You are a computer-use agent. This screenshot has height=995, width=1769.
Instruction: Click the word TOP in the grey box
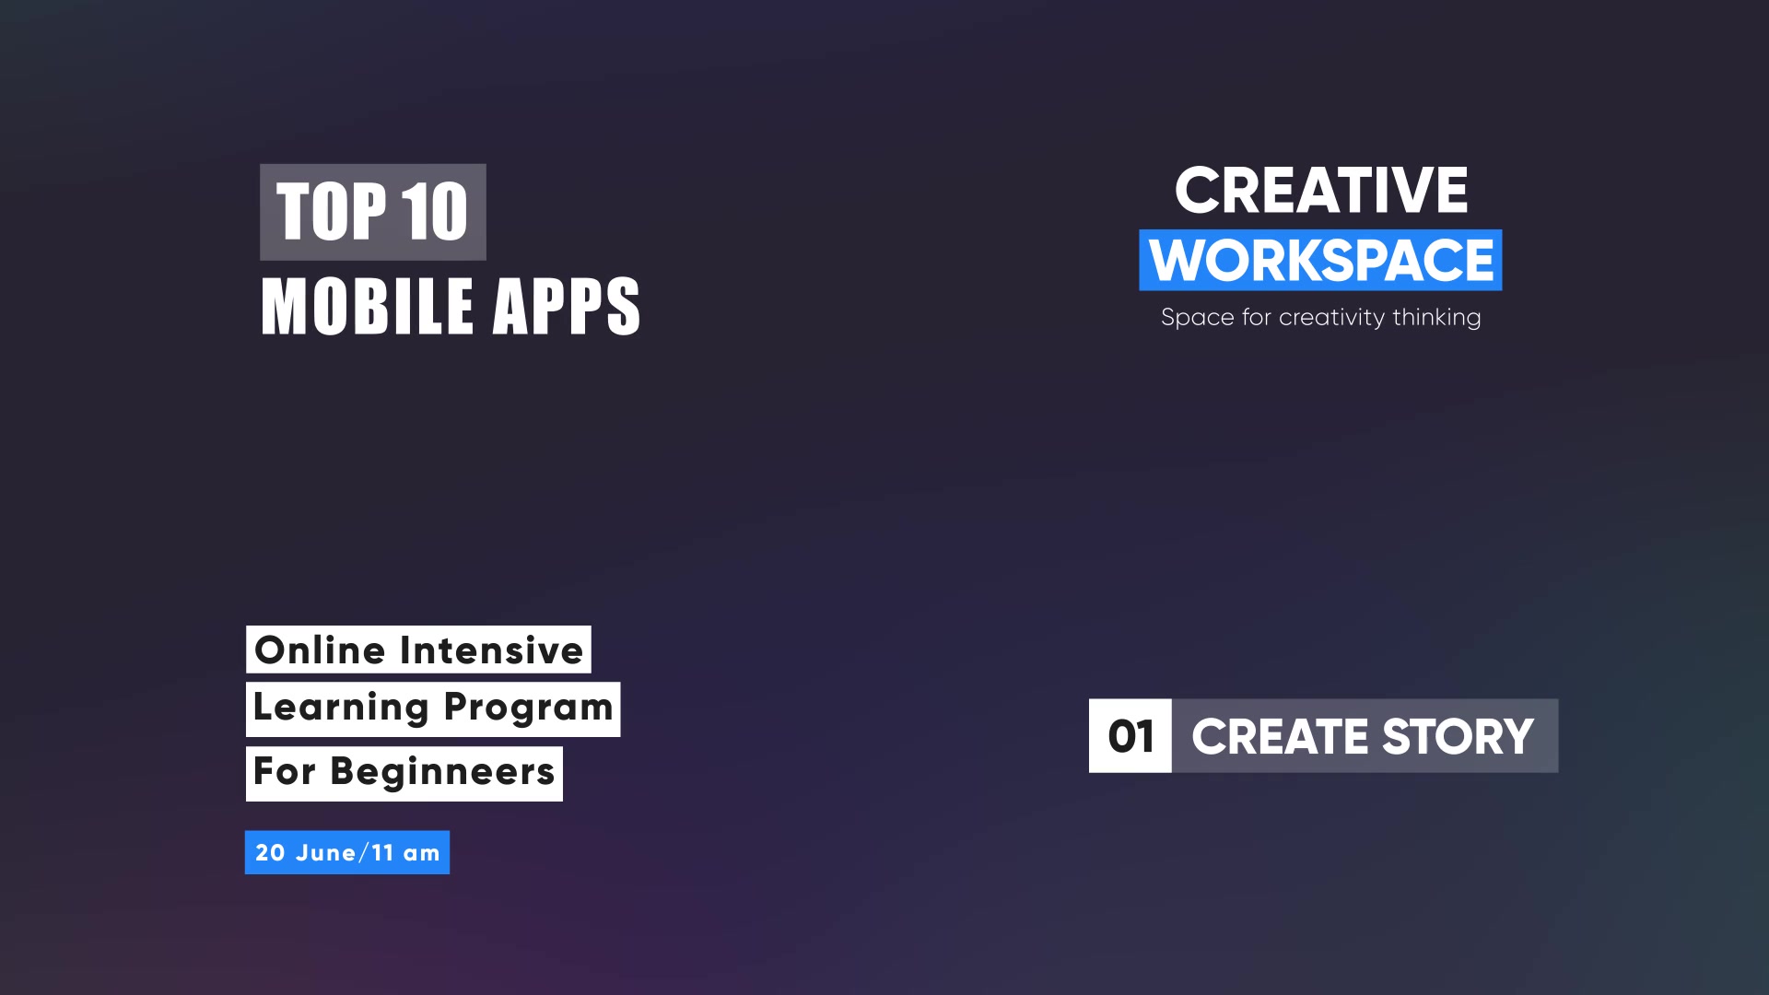coord(331,212)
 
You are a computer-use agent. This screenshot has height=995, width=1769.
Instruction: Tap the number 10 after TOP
coord(435,212)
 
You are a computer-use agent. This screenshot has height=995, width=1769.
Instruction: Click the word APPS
coord(567,306)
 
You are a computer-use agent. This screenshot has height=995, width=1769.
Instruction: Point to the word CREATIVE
coord(1321,191)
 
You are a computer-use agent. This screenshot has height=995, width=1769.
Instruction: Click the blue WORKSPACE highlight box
coord(1320,260)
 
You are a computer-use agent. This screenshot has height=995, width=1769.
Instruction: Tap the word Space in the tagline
coord(1197,318)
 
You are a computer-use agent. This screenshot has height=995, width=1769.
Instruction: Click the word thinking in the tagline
coord(1436,318)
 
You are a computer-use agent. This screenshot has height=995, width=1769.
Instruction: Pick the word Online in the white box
coord(320,650)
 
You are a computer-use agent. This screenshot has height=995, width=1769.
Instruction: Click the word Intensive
coord(491,650)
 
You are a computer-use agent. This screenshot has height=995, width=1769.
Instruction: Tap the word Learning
coord(341,708)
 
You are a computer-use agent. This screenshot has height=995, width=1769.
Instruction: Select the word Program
coord(528,708)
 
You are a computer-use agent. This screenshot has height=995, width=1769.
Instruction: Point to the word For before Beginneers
coord(285,771)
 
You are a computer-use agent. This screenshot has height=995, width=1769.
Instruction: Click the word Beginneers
coord(442,772)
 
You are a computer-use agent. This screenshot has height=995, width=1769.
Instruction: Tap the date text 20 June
coord(306,853)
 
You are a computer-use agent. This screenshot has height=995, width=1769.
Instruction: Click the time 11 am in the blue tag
coord(406,853)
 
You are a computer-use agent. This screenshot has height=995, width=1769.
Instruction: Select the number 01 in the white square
coord(1131,737)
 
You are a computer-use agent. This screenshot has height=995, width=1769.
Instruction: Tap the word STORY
coord(1459,737)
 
